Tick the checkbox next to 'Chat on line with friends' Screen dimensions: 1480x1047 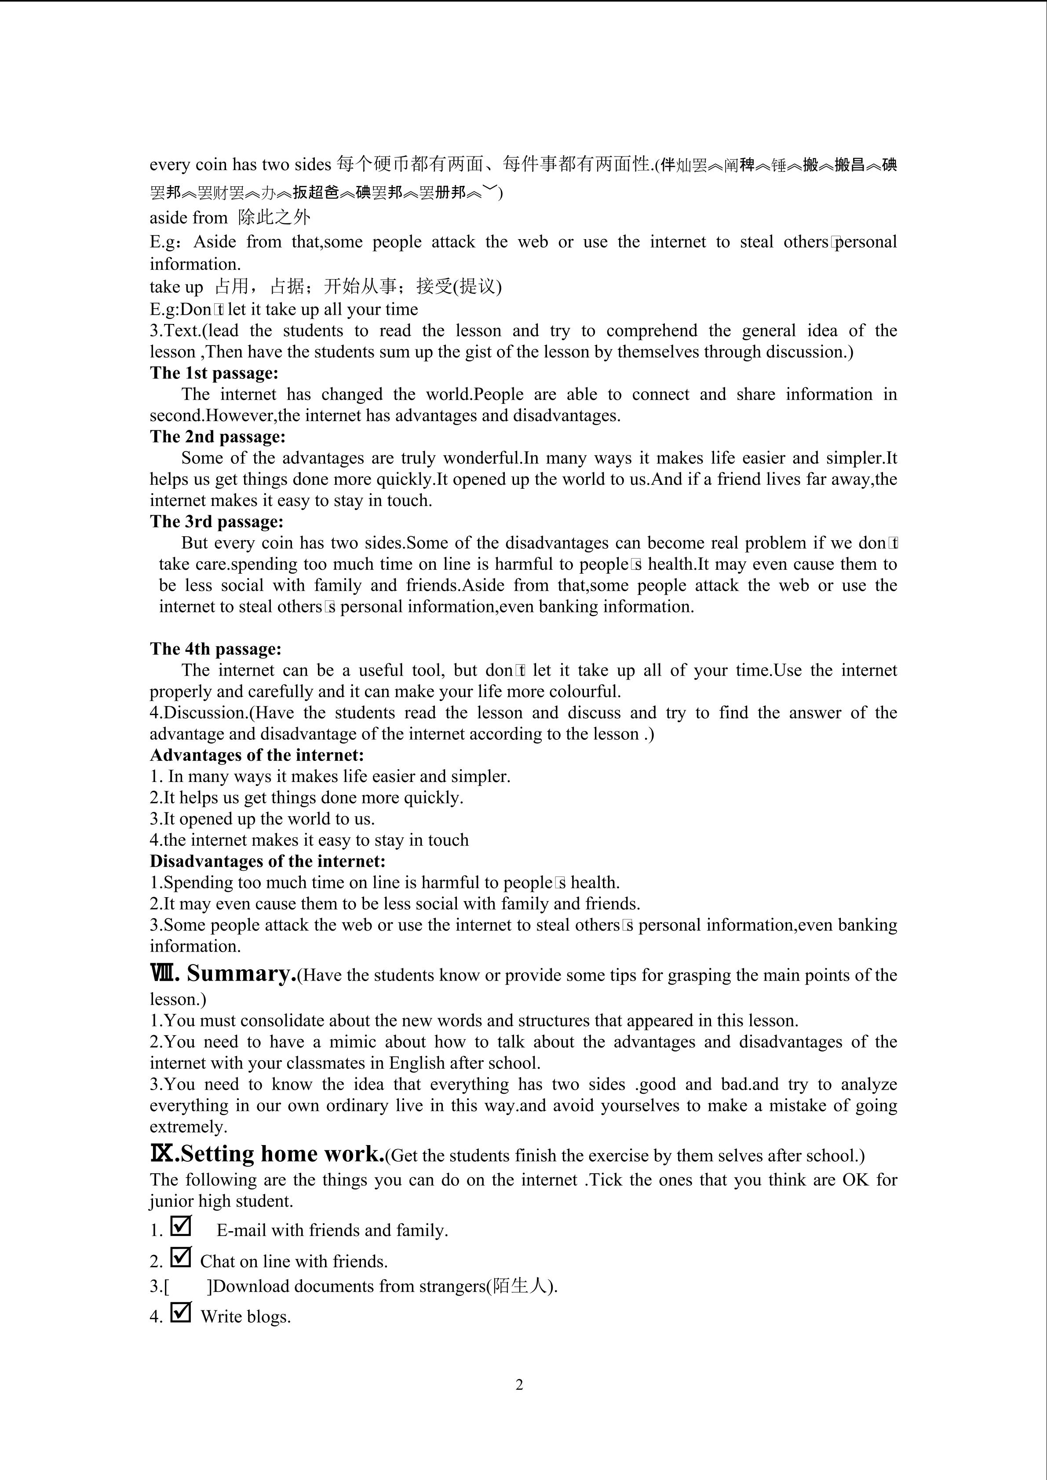(x=181, y=1257)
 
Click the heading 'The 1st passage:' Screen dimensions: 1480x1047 (x=214, y=373)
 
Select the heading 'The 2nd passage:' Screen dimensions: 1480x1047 (x=217, y=437)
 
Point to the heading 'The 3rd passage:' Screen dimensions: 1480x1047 (x=217, y=521)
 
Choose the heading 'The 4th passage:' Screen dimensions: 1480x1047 (x=215, y=649)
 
